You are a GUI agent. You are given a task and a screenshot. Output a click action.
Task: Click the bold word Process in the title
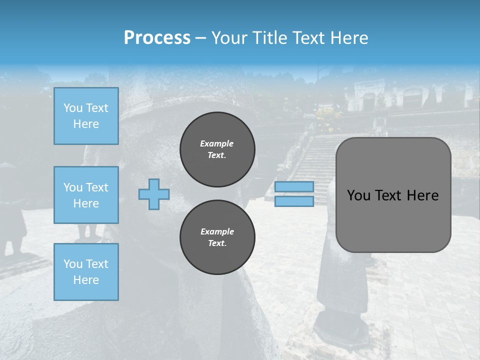(x=157, y=38)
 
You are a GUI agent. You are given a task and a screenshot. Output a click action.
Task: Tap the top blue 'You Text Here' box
(x=86, y=116)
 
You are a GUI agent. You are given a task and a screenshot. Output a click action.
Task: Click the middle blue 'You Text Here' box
(x=86, y=195)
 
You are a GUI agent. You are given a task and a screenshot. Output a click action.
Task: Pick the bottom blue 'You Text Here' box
(x=86, y=272)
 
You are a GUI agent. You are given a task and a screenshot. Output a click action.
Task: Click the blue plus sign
(x=153, y=194)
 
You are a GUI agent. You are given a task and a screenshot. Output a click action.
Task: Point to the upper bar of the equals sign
(x=294, y=186)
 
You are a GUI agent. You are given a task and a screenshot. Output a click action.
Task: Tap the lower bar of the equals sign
(x=294, y=201)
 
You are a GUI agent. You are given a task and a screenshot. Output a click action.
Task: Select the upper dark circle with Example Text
(x=217, y=149)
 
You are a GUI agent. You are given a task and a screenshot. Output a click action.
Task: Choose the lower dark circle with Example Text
(x=217, y=237)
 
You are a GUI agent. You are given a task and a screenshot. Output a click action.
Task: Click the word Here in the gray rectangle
(x=422, y=195)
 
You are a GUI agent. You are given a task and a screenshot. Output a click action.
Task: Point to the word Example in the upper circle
(x=217, y=143)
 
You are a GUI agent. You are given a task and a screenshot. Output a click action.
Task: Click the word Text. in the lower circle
(x=217, y=243)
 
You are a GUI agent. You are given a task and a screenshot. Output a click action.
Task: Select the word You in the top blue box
(x=72, y=108)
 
